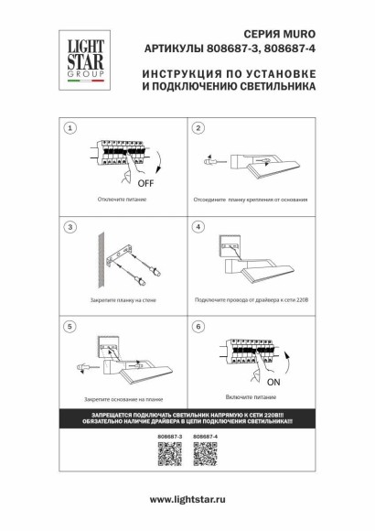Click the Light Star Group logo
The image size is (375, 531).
[80, 60]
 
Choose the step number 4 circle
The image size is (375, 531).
[197, 226]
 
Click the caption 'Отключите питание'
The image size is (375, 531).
[118, 198]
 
